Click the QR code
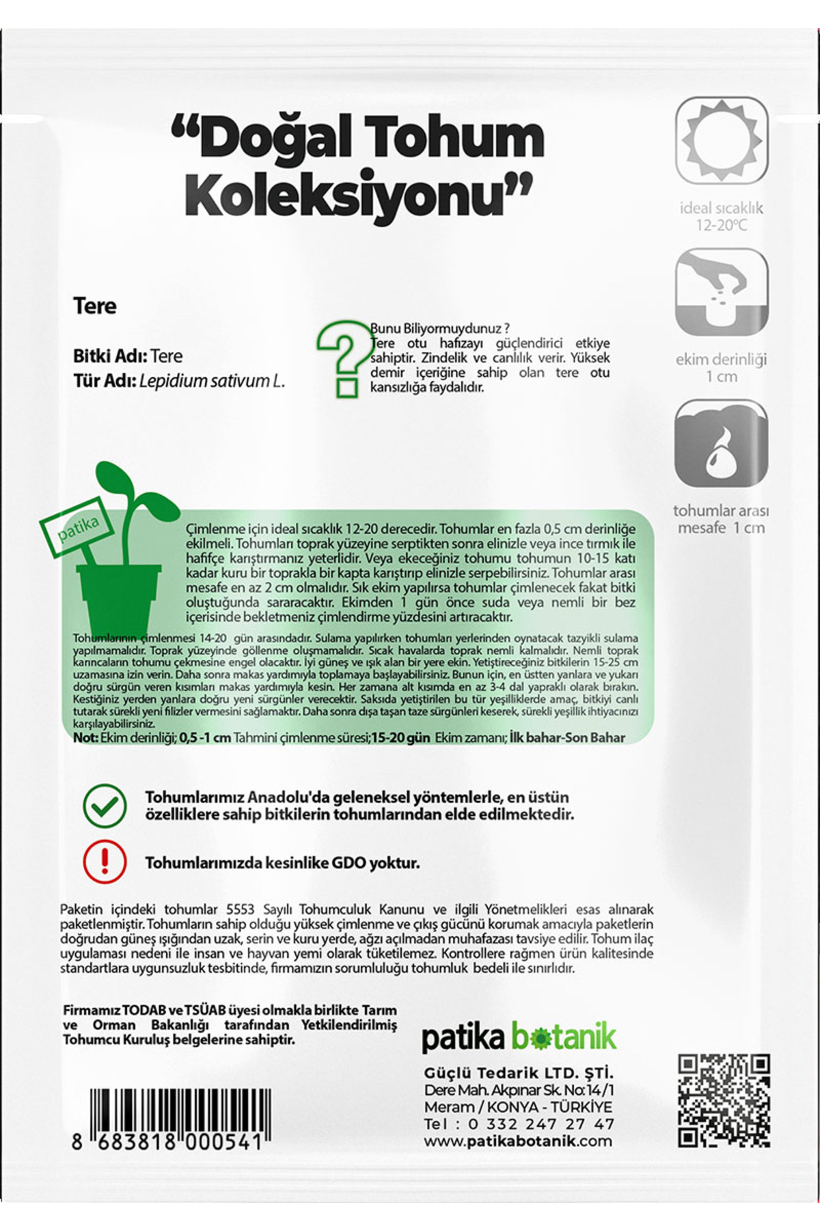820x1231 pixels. click(724, 1100)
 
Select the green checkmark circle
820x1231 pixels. click(105, 806)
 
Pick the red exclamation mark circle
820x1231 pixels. click(105, 862)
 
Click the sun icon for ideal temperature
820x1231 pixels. click(722, 141)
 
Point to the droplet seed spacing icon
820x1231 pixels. click(722, 443)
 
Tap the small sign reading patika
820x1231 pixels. click(78, 529)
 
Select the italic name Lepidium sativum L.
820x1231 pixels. click(212, 381)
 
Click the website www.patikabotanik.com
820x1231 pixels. click(518, 1141)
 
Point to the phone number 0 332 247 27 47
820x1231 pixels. click(541, 1124)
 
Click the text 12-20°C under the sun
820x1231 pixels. click(722, 225)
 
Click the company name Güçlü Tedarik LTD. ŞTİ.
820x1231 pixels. click(519, 1073)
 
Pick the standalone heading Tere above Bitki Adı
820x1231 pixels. click(95, 306)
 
